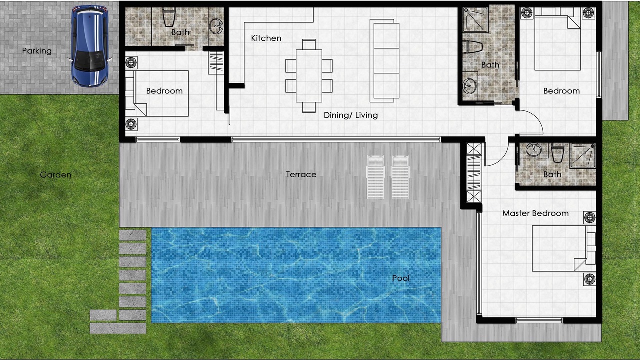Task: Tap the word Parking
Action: click(x=37, y=51)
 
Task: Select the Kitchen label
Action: click(x=266, y=38)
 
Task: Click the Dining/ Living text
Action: click(x=351, y=115)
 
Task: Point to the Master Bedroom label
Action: click(x=535, y=213)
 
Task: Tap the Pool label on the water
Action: click(x=401, y=278)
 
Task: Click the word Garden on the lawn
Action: click(x=55, y=175)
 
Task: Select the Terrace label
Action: click(x=301, y=174)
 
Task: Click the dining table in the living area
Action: click(x=309, y=76)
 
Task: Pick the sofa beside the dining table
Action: click(x=384, y=61)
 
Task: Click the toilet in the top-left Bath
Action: click(x=169, y=17)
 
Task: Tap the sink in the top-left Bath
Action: click(x=216, y=26)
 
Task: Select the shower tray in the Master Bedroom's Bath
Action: click(x=583, y=155)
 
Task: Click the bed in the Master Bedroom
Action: click(x=560, y=248)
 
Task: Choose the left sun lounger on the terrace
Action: click(x=375, y=177)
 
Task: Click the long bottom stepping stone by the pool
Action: click(x=118, y=328)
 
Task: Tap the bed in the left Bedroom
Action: click(x=161, y=93)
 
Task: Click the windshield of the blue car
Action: click(x=90, y=61)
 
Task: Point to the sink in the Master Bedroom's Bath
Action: click(x=534, y=150)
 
